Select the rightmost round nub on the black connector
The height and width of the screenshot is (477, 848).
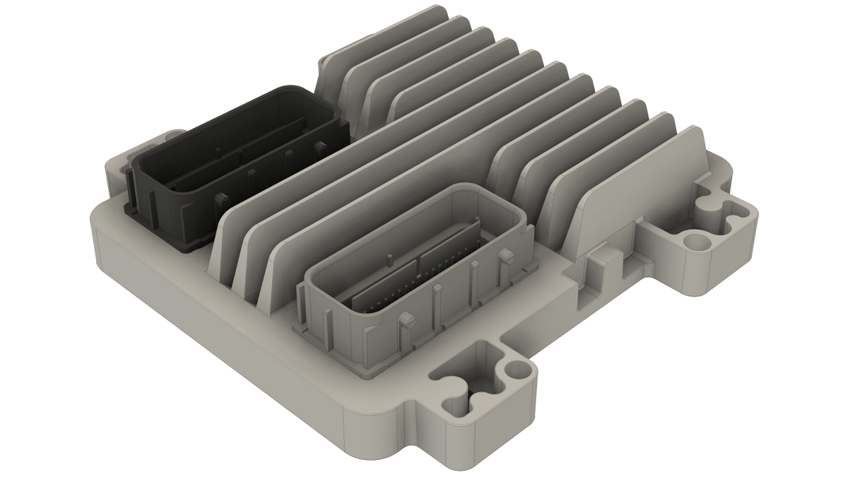point(322,148)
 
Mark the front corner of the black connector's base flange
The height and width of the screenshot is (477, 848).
point(183,247)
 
